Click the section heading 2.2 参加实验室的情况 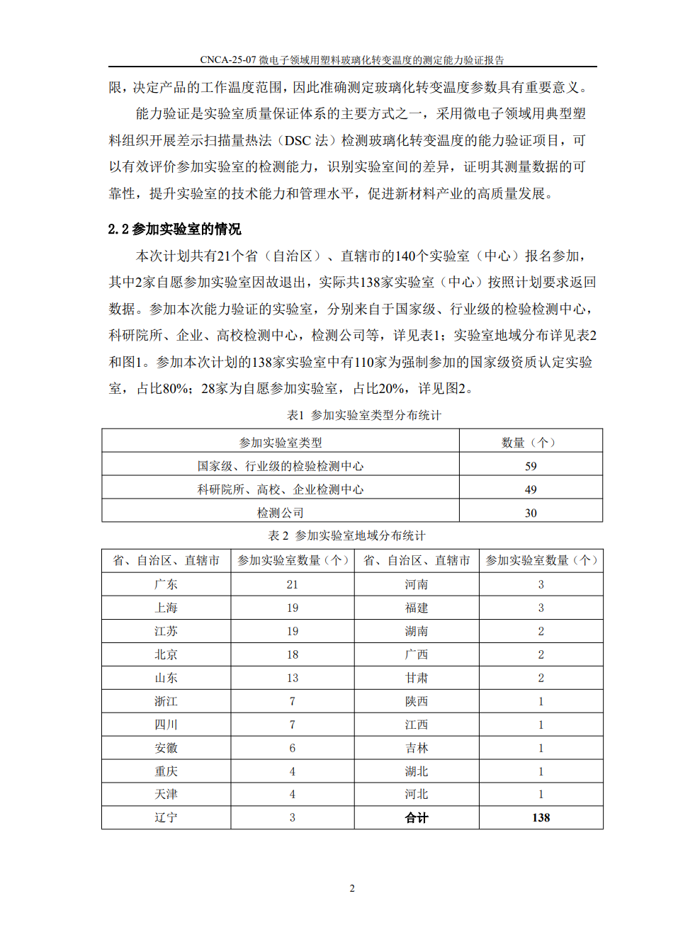[x=174, y=229]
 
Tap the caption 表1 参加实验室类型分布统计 [x=363, y=415]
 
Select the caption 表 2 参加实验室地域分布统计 [x=346, y=535]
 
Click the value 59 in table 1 [x=531, y=466]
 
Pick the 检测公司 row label [x=280, y=513]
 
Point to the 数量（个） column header [x=531, y=443]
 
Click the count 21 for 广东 [x=292, y=584]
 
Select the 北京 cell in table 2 [x=166, y=654]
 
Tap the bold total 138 [x=541, y=817]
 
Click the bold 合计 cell [x=417, y=817]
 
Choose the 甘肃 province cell [x=417, y=678]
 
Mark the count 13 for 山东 [x=292, y=678]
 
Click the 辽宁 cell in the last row [x=166, y=817]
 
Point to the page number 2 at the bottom [x=352, y=888]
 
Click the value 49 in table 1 [x=531, y=489]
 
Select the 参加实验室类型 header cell [x=280, y=443]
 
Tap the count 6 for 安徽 [x=292, y=748]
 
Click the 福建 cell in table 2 [x=417, y=608]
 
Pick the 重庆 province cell [x=166, y=771]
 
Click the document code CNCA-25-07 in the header [x=227, y=60]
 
